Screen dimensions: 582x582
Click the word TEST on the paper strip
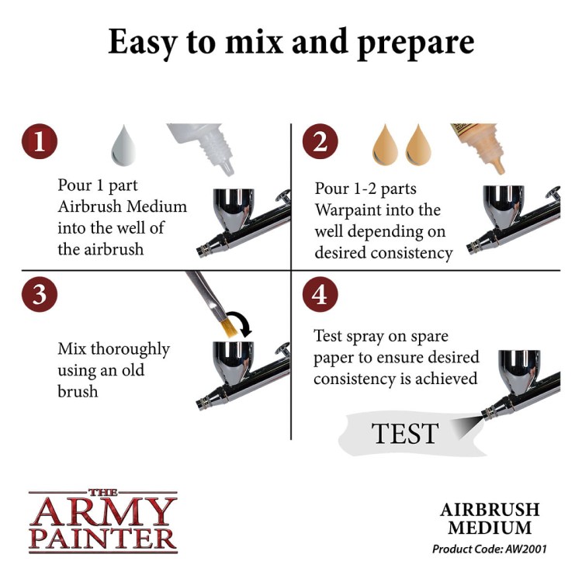click(404, 433)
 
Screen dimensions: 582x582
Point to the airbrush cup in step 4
click(519, 370)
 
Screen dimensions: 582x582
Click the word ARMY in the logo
click(102, 511)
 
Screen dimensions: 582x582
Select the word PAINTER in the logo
click(102, 538)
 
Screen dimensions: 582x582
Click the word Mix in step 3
click(71, 349)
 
